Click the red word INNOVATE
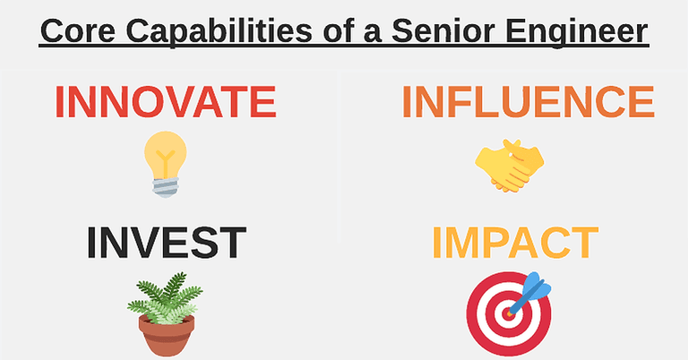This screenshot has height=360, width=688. (165, 102)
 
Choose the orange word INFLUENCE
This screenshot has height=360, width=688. (528, 102)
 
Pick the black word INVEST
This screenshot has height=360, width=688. (167, 243)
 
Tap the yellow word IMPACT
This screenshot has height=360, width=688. (514, 243)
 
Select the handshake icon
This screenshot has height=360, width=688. (509, 165)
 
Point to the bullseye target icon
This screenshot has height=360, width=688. (509, 313)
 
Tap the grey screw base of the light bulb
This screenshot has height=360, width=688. (166, 186)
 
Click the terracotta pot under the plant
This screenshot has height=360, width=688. (166, 336)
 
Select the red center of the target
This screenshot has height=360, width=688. (507, 314)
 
